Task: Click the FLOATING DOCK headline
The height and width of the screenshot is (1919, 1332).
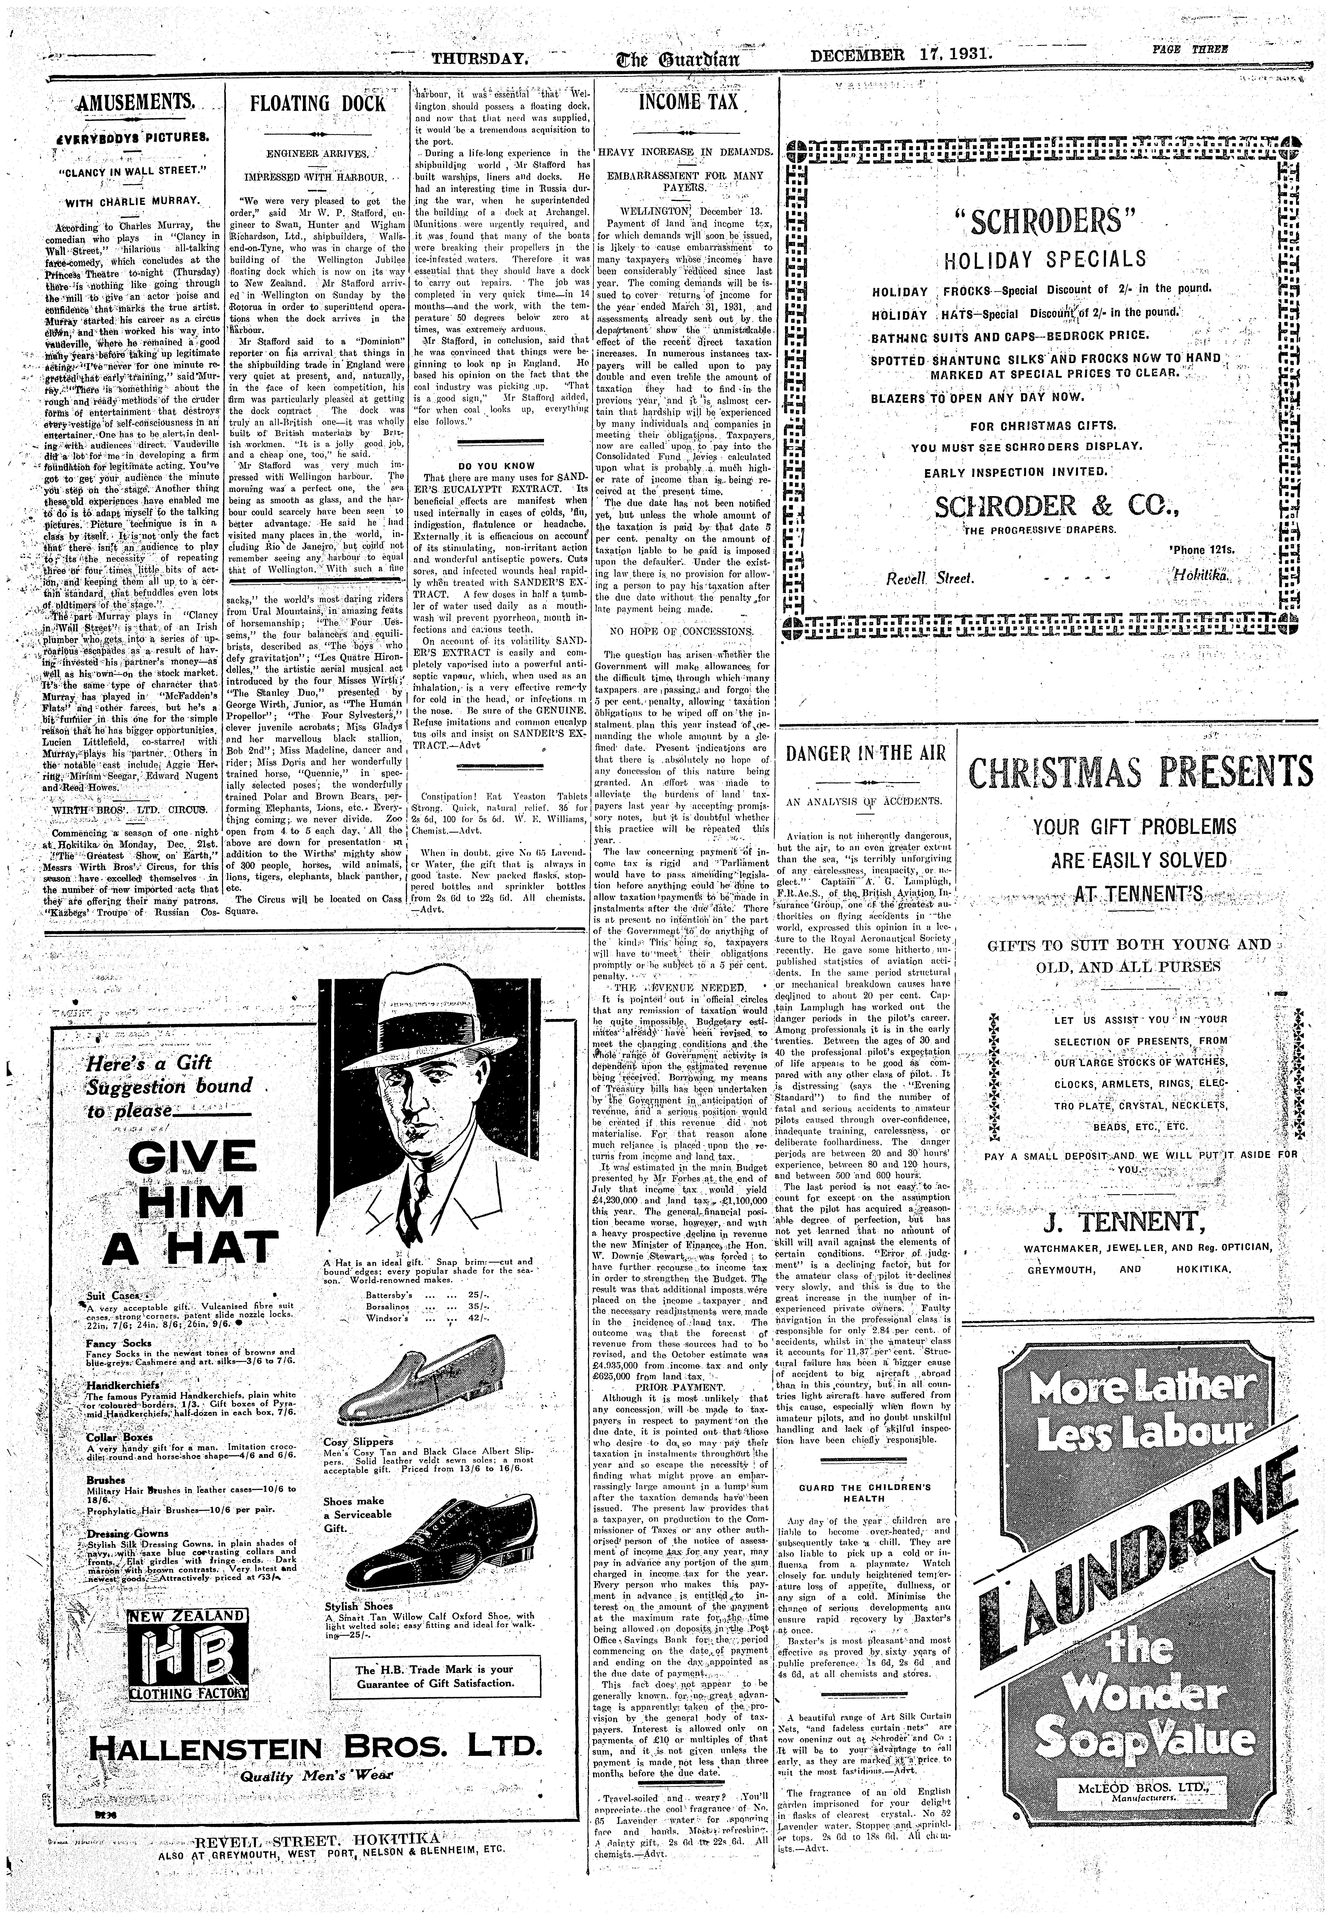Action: coord(318,104)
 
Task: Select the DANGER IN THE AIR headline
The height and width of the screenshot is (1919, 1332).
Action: coord(865,753)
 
